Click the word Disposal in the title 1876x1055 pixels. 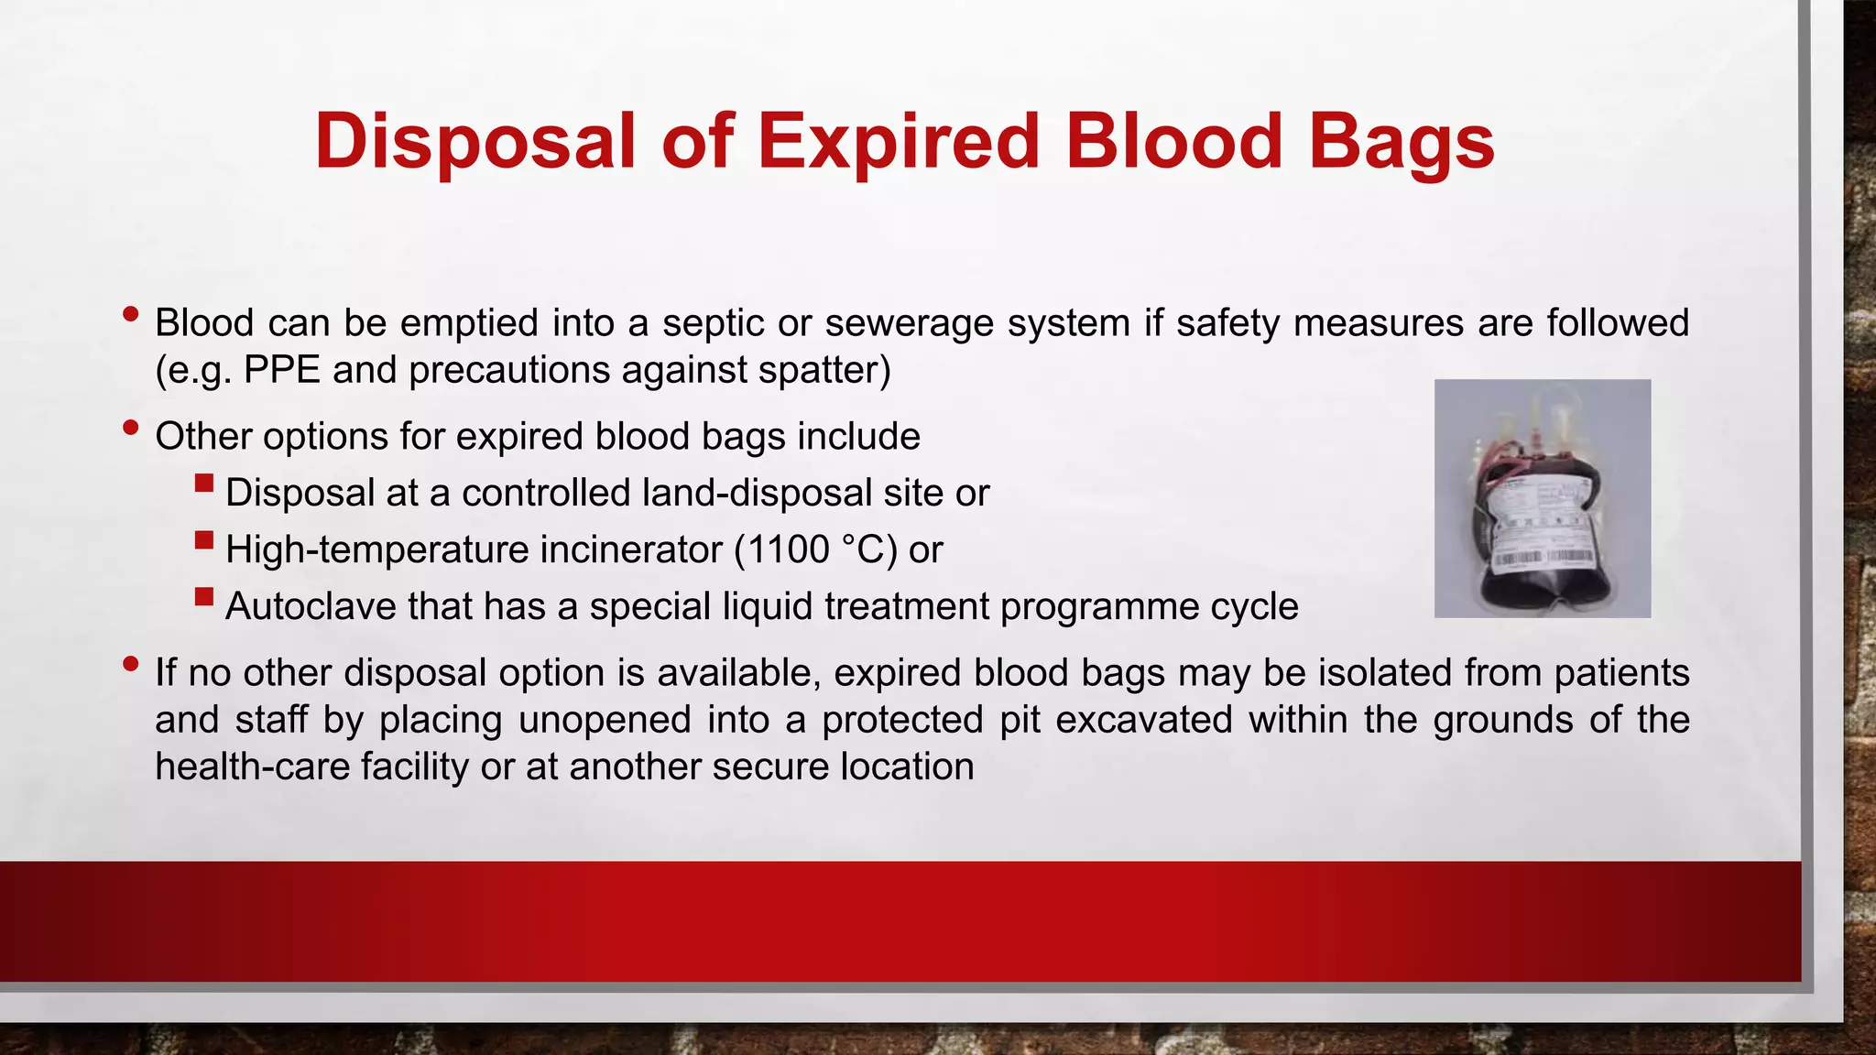(474, 142)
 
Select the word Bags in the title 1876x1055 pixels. (1402, 142)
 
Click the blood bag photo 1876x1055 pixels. (1542, 498)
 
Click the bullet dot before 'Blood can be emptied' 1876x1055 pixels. (131, 314)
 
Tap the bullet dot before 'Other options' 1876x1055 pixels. (131, 427)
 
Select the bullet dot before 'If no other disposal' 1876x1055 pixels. (131, 663)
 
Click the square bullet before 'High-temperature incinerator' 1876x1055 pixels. (204, 540)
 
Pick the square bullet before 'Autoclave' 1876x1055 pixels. (204, 597)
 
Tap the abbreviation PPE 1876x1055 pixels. (282, 370)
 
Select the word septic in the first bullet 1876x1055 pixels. (712, 323)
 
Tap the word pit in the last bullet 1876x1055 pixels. (1019, 720)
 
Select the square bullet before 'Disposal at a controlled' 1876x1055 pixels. (204, 484)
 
